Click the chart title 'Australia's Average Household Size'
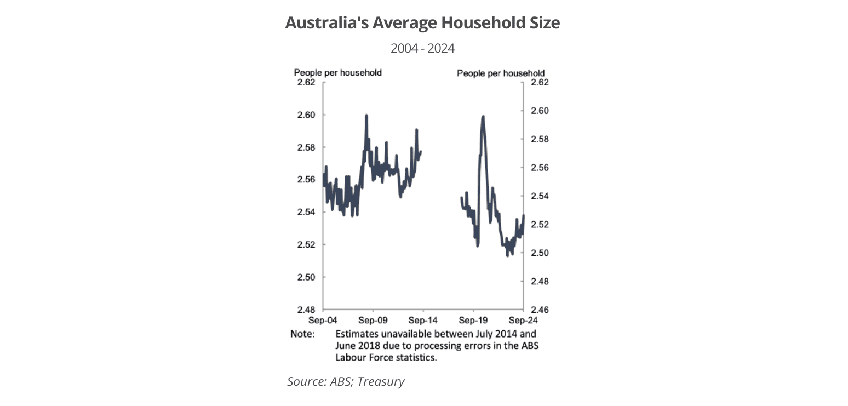click(x=422, y=23)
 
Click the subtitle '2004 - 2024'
click(x=422, y=48)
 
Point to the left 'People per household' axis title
click(x=337, y=72)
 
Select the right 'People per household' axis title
click(x=501, y=73)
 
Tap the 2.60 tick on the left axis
click(x=306, y=115)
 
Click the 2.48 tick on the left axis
click(x=306, y=310)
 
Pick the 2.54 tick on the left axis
click(x=306, y=212)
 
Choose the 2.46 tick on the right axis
click(x=540, y=310)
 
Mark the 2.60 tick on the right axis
click(x=540, y=111)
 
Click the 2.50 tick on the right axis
click(x=540, y=253)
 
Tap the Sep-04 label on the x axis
click(x=323, y=320)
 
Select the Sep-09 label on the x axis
click(x=373, y=320)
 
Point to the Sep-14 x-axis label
click(x=423, y=320)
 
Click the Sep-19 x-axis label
click(x=473, y=320)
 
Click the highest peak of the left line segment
click(x=366, y=116)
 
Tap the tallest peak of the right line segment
click(x=483, y=117)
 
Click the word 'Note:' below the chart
click(x=302, y=334)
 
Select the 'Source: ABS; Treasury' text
click(x=346, y=381)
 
